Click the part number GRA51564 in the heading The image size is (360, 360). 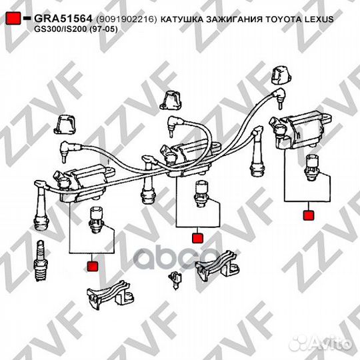pos(63,19)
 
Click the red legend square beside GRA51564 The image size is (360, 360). pos(13,18)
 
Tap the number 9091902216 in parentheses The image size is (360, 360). pos(126,19)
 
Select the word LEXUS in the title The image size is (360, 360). pos(319,19)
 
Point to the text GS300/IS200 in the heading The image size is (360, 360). pos(61,29)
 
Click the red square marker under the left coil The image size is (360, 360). pos(93,266)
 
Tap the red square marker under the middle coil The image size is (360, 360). pos(198,238)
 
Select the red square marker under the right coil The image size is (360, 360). pos(309,215)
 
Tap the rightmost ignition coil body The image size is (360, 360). pos(301,131)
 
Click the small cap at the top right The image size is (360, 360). pos(281,75)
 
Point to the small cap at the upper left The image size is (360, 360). pos(65,125)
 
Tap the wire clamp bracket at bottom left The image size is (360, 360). pos(110,293)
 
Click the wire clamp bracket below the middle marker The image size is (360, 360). pos(217,265)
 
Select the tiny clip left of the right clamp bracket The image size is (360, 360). pos(175,279)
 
